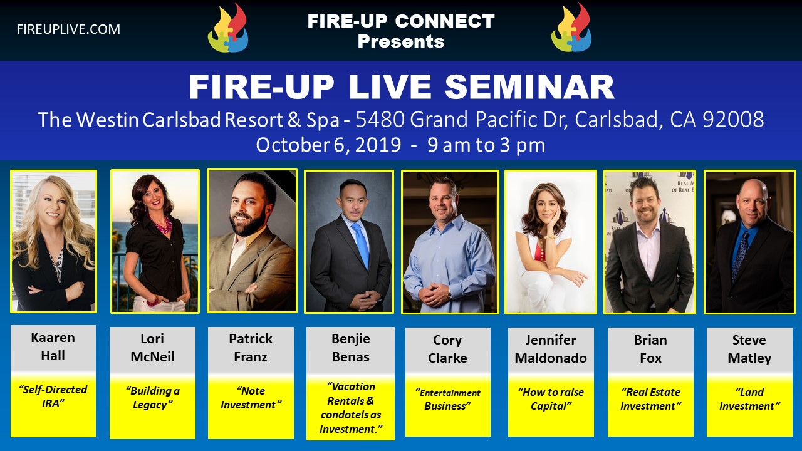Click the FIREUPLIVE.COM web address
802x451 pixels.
point(68,29)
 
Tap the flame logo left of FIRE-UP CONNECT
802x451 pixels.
point(228,28)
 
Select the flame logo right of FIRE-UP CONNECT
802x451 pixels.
point(571,28)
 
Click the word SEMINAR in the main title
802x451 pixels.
point(529,87)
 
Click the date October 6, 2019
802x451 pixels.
point(328,145)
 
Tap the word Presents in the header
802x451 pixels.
point(401,41)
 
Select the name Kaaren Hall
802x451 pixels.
point(53,346)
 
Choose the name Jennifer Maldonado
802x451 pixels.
point(551,349)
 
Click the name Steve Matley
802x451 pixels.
point(749,349)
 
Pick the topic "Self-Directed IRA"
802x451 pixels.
point(53,397)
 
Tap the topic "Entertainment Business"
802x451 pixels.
point(447,400)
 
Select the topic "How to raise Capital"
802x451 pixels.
point(551,399)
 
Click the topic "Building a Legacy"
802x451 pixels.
point(152,398)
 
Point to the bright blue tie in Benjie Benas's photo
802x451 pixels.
point(361,244)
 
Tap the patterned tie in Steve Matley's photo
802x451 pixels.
point(740,255)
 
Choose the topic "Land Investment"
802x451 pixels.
point(749,399)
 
